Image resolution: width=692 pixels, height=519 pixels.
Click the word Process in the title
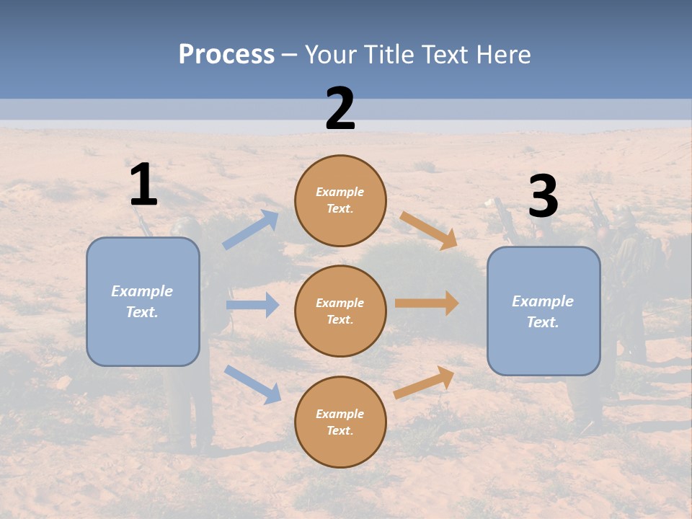tap(226, 54)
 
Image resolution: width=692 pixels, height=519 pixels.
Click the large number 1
tap(143, 185)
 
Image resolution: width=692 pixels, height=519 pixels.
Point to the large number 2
tap(340, 109)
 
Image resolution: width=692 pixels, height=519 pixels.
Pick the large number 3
tap(543, 198)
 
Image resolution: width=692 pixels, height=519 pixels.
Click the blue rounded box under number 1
tap(143, 301)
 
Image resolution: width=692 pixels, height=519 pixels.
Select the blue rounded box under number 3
tap(544, 311)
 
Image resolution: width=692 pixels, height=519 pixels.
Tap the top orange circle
tap(340, 200)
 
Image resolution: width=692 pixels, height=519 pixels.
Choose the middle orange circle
tap(340, 311)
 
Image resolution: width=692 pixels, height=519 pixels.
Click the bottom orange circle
tap(340, 422)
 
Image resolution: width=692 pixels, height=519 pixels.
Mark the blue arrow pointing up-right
tap(250, 230)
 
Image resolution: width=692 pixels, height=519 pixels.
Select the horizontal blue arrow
tap(252, 305)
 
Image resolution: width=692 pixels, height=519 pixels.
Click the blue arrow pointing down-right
tap(252, 384)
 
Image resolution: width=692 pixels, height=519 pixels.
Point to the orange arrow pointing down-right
tap(429, 230)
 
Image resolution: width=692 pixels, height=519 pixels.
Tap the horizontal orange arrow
tap(427, 303)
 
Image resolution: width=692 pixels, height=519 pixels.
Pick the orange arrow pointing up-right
tap(424, 383)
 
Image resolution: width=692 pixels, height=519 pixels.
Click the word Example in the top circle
tap(340, 192)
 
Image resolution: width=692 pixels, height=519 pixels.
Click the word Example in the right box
tap(543, 301)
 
